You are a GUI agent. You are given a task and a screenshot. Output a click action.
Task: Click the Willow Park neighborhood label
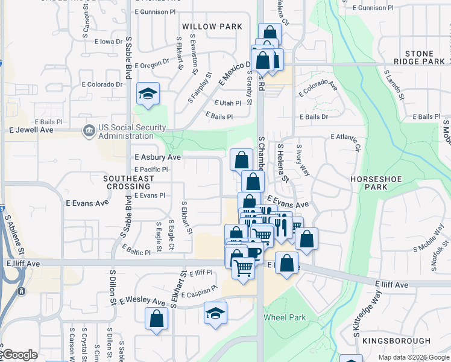click(212, 27)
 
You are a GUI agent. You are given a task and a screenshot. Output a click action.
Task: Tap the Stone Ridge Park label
click(420, 57)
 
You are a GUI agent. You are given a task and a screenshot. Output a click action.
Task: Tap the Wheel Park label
click(285, 317)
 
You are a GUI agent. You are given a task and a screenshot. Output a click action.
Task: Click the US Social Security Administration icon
click(89, 130)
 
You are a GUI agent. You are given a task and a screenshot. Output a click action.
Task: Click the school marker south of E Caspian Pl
click(215, 313)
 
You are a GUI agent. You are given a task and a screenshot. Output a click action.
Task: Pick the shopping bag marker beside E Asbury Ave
click(241, 160)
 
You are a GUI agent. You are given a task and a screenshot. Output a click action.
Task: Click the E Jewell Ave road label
click(32, 130)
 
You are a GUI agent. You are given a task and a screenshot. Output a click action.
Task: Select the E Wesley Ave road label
click(142, 300)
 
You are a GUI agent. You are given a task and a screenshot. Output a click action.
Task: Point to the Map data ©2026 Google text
click(414, 357)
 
